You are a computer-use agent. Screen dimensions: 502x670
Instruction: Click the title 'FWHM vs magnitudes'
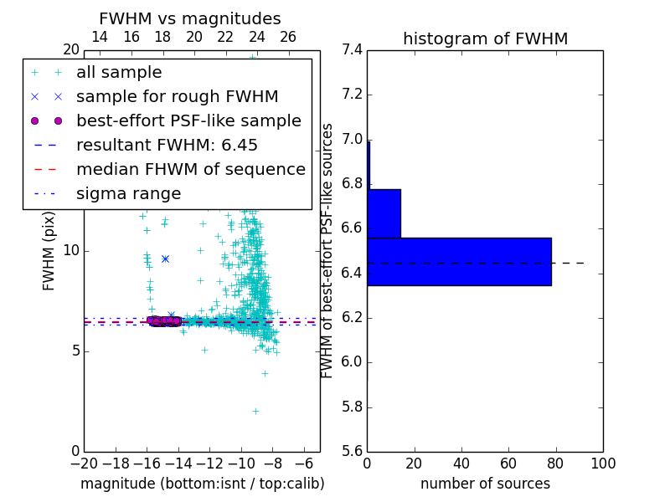click(189, 18)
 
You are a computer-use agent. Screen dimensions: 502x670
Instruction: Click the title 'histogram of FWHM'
click(485, 38)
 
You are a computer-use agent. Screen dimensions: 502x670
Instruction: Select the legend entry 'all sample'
click(119, 73)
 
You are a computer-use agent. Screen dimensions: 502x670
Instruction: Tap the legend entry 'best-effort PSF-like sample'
click(188, 121)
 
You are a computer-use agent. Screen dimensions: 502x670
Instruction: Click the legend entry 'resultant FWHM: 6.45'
click(167, 146)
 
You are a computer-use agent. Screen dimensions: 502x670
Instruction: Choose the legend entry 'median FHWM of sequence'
click(190, 170)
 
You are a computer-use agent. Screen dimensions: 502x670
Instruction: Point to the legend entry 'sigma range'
click(128, 194)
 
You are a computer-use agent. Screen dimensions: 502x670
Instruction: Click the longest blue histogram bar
click(459, 262)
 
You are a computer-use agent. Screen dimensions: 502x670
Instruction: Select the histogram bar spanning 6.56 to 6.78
click(384, 213)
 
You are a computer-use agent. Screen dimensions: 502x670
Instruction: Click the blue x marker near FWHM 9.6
click(165, 259)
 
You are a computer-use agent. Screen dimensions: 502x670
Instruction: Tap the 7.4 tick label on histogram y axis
click(353, 50)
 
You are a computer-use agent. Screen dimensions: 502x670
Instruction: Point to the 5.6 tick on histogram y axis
click(353, 452)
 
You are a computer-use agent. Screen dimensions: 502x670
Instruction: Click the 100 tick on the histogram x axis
click(602, 463)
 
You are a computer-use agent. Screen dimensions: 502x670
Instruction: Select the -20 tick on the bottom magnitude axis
click(84, 463)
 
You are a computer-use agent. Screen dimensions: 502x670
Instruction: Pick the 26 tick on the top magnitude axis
click(288, 37)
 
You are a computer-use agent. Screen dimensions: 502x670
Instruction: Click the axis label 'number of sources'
click(485, 484)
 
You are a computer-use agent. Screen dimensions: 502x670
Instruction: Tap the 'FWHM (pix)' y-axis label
click(49, 249)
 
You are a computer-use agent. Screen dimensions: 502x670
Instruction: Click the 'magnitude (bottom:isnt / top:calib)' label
click(202, 484)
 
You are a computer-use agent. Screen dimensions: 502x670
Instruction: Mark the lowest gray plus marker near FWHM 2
click(255, 411)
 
